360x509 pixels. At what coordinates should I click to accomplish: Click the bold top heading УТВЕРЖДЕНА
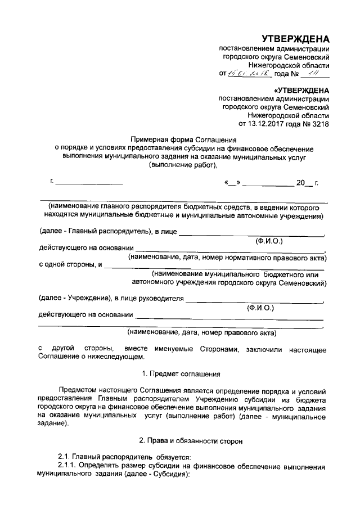click(x=296, y=39)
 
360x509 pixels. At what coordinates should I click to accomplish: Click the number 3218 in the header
click(x=319, y=123)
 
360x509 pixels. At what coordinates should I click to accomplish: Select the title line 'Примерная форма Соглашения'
click(x=183, y=138)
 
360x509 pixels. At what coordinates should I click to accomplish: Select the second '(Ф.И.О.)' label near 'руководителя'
click(x=260, y=308)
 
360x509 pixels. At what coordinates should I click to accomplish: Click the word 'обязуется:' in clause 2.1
click(x=174, y=456)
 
